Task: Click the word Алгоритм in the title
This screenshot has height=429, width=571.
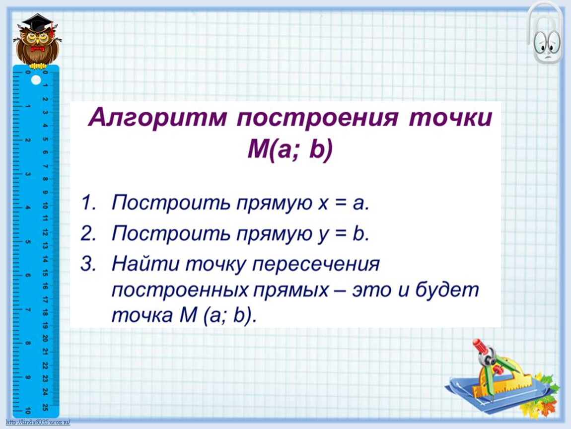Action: coord(158,118)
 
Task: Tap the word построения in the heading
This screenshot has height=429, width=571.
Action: coord(317,119)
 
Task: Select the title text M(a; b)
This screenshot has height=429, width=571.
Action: coord(290,149)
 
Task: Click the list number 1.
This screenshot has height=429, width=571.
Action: coord(88,203)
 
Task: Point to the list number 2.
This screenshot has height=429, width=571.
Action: coord(88,233)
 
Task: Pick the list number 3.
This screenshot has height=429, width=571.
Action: coord(88,263)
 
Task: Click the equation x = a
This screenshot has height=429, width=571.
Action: coord(344,204)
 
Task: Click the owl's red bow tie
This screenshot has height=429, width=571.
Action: coord(37,49)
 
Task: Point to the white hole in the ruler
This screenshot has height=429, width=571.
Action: coord(36,80)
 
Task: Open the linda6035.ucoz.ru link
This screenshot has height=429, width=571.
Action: coord(38,423)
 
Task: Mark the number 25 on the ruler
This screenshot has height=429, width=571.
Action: coord(45,407)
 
